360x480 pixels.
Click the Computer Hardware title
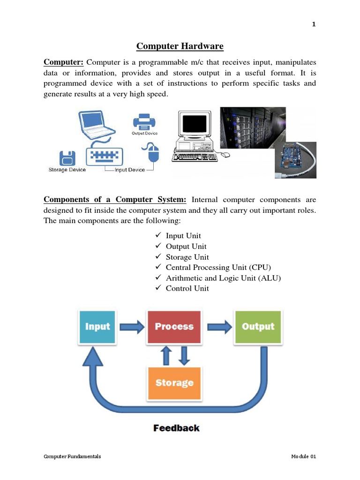coord(180,46)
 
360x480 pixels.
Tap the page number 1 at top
coord(314,25)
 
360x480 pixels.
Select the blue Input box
coord(97,327)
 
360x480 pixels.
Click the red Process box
coord(174,327)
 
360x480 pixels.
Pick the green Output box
coord(257,327)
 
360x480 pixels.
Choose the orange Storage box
coord(174,383)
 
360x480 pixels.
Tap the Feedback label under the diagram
coord(176,428)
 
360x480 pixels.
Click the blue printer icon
coord(144,122)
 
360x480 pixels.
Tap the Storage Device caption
coord(67,170)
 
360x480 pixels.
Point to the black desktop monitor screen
coord(194,124)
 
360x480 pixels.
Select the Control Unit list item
coord(187,288)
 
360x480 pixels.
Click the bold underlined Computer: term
coord(63,62)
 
